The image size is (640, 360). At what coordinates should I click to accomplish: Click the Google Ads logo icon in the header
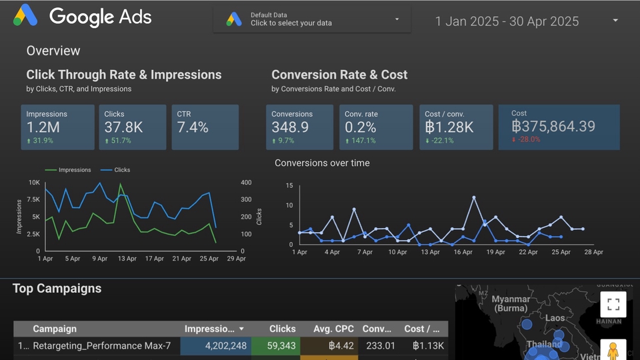click(x=25, y=15)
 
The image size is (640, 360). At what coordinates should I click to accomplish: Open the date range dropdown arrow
click(x=615, y=21)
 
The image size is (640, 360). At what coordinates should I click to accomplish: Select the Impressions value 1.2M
click(x=43, y=127)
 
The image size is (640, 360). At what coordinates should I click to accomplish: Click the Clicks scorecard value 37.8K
click(x=123, y=127)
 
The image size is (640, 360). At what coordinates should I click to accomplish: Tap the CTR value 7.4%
click(x=193, y=127)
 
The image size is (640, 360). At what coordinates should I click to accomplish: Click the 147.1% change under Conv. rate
click(x=363, y=141)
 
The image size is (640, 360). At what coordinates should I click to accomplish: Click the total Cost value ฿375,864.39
click(x=553, y=126)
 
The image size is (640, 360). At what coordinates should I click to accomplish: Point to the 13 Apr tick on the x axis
click(x=127, y=259)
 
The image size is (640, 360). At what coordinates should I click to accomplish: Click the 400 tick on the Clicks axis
click(x=246, y=182)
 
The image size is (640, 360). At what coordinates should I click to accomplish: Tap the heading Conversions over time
click(x=322, y=163)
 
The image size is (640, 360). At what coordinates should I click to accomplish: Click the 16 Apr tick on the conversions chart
click(x=463, y=252)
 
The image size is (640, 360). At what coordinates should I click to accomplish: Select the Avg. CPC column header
click(x=333, y=329)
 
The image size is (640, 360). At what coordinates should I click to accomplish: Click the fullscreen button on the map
click(x=613, y=305)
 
